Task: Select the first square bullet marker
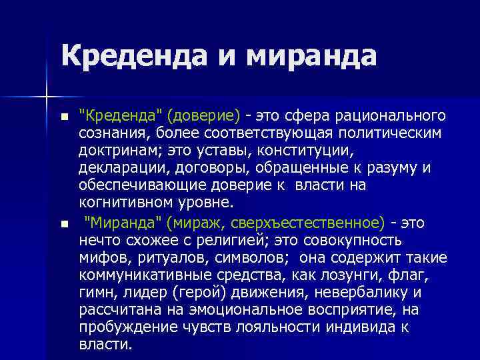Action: [x=64, y=117]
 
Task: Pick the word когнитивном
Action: [x=127, y=203]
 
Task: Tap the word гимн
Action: [x=96, y=291]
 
